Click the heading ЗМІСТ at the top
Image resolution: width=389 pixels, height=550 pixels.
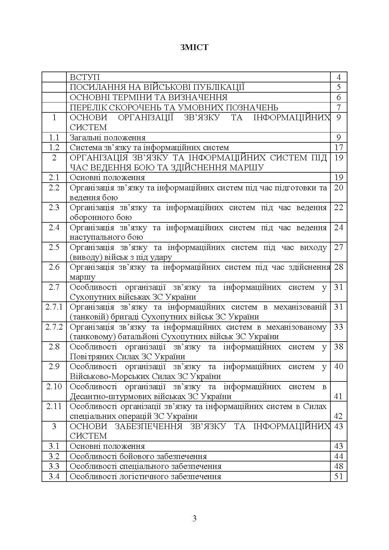point(194,47)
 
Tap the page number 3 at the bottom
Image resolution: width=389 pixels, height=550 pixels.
point(194,519)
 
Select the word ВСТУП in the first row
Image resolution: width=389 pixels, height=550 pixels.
point(84,77)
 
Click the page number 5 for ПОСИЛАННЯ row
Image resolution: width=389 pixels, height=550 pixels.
point(338,88)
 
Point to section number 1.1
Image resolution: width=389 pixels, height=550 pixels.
point(54,138)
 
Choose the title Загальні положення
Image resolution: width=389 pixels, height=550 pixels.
point(108,138)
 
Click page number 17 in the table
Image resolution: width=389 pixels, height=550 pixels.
point(338,147)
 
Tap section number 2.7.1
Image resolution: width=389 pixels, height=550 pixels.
point(54,307)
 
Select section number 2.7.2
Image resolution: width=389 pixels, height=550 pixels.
point(54,327)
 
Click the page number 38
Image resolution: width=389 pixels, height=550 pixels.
point(338,347)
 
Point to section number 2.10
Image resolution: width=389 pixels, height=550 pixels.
point(54,387)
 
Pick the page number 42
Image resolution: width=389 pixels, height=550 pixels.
point(338,416)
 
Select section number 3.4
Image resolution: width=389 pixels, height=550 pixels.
point(54,476)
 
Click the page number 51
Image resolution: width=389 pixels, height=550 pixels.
point(338,476)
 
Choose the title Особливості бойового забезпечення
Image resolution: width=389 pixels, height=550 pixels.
point(138,456)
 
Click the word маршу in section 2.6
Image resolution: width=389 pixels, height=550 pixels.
point(82,277)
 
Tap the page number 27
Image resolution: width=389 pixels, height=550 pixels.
point(338,247)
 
